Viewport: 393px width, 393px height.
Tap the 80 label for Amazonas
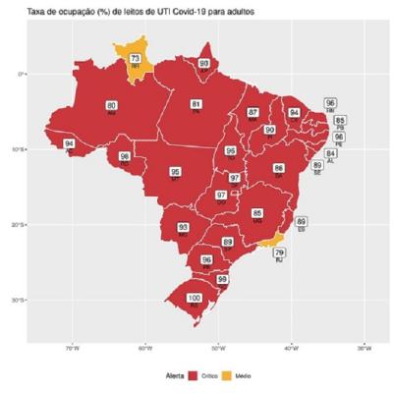click(111, 105)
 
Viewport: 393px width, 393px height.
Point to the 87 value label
click(253, 112)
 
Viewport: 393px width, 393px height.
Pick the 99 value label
click(222, 279)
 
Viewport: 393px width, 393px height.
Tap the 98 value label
click(125, 156)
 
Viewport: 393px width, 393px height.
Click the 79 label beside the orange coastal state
click(280, 253)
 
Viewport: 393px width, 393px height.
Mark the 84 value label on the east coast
click(331, 154)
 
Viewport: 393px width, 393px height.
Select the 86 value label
click(279, 168)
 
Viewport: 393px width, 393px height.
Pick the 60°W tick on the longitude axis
click(144, 347)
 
